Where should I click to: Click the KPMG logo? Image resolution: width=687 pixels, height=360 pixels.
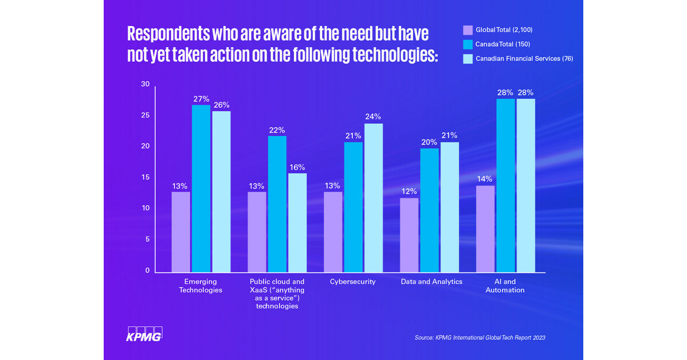point(144,334)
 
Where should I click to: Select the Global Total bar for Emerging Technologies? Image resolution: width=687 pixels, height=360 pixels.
point(181,232)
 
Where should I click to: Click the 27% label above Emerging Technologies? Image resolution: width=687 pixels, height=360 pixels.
point(201,99)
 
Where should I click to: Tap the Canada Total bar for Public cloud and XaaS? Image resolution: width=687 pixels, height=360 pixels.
point(277,204)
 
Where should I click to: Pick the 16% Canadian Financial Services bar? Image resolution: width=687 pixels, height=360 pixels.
point(297,222)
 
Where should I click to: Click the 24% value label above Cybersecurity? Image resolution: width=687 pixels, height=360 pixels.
point(374,117)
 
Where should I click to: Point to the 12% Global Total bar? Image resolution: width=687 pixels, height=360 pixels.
point(410,235)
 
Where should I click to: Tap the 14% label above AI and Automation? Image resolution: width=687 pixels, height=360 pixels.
point(485,179)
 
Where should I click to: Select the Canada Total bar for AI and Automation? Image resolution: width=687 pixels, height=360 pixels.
point(505,185)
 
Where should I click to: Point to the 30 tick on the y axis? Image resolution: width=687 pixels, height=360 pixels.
point(145,84)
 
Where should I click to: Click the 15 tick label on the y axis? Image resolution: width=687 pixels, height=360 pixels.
point(145,177)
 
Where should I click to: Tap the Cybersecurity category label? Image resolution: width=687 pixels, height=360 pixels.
point(352,282)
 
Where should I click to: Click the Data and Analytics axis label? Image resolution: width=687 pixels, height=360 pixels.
point(431,282)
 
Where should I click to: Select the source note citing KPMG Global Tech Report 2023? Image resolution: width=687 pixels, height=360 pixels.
point(480,338)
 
